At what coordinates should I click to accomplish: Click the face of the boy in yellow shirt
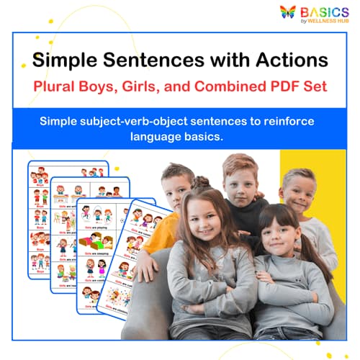click(x=175, y=189)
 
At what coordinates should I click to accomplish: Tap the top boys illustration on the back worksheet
click(x=68, y=174)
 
